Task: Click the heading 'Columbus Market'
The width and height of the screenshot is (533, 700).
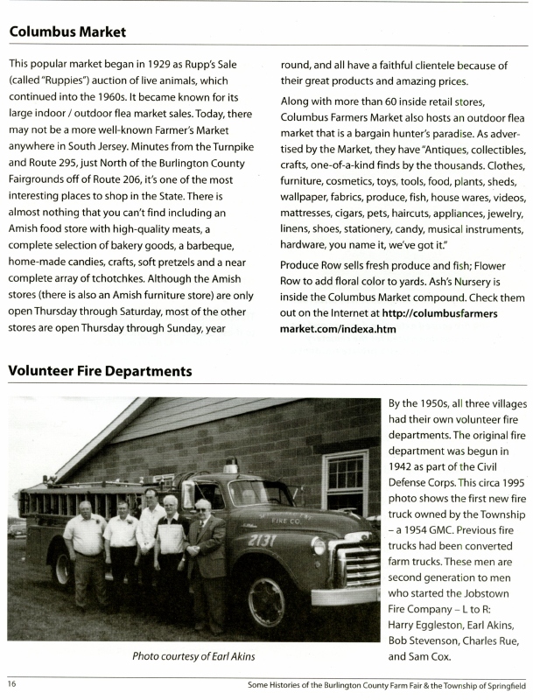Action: click(67, 32)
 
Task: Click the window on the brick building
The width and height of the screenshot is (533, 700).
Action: click(345, 482)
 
